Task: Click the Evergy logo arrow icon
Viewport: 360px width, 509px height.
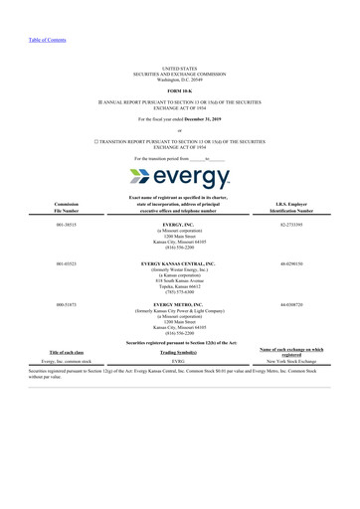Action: [x=143, y=178]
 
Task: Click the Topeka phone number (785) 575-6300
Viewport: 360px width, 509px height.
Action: [x=180, y=291]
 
